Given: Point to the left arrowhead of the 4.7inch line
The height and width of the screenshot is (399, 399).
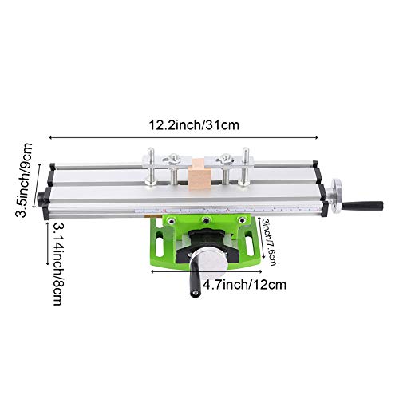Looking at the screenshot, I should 153,270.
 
